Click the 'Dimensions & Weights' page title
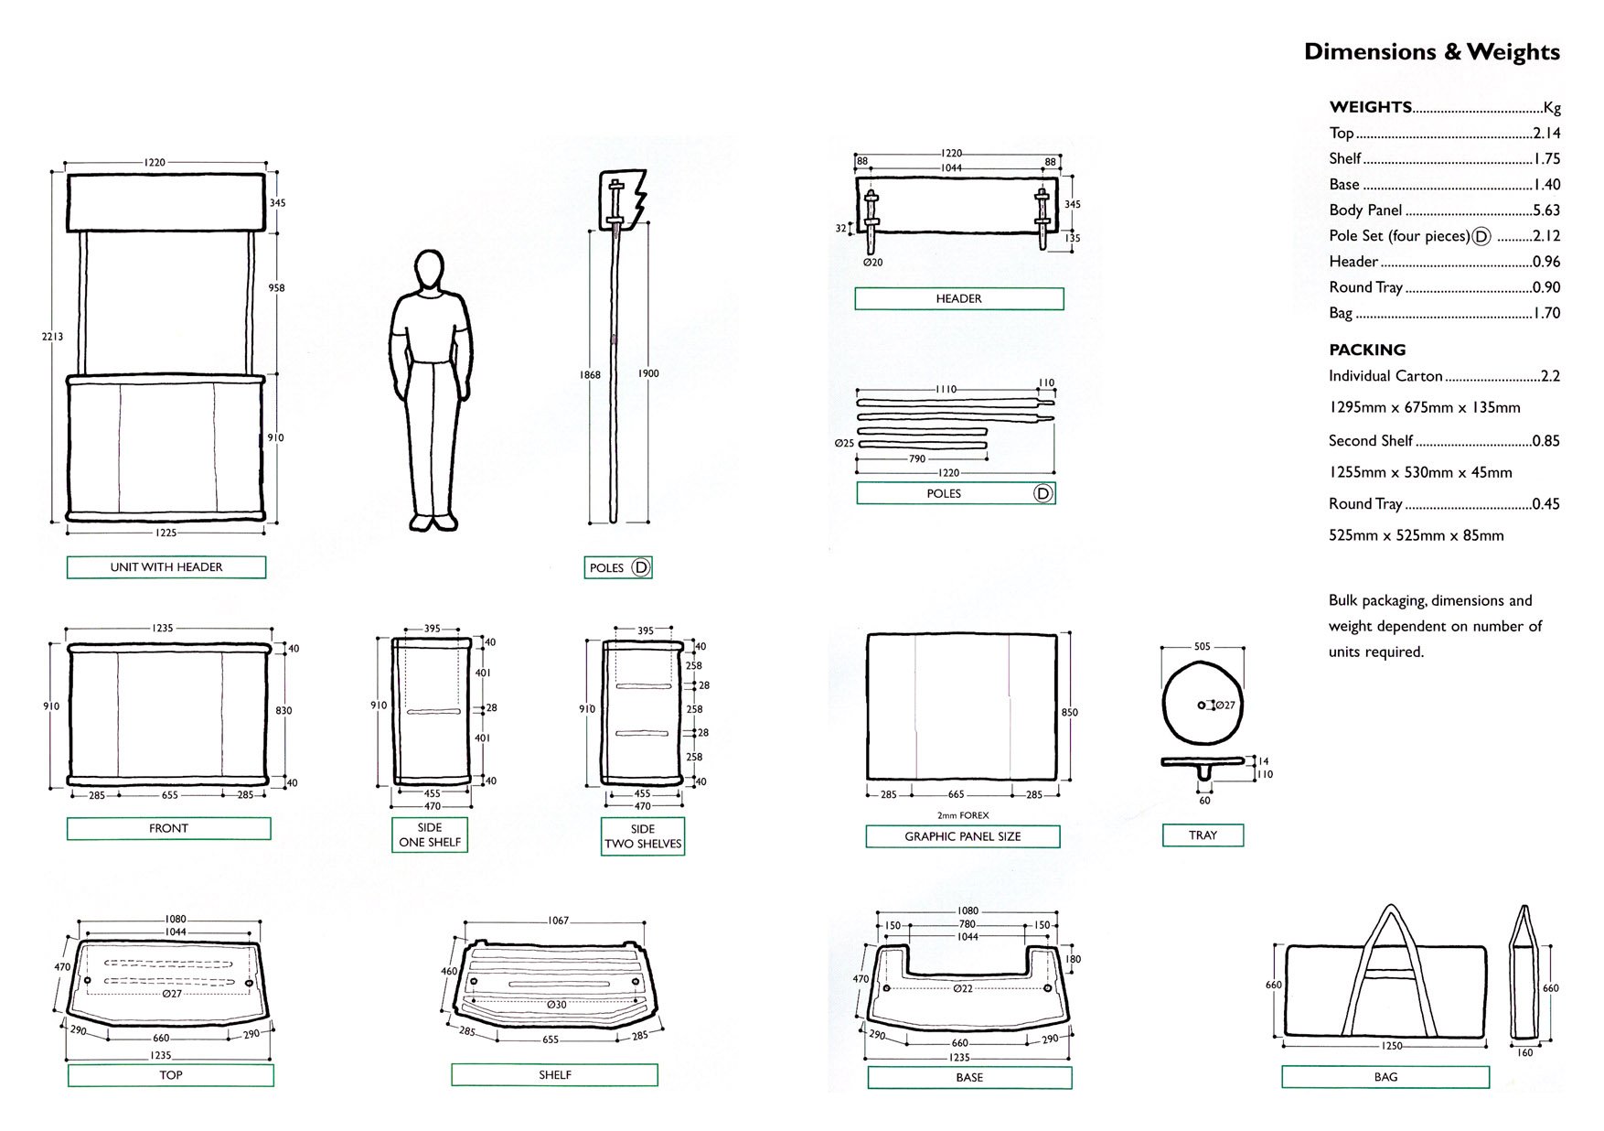pyautogui.click(x=1431, y=51)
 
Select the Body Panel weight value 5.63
pyautogui.click(x=1545, y=210)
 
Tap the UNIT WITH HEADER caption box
pyautogui.click(x=166, y=567)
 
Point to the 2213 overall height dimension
pyautogui.click(x=52, y=337)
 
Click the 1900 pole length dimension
pyautogui.click(x=648, y=373)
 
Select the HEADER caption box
pyautogui.click(x=958, y=299)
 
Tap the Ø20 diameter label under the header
pyautogui.click(x=872, y=263)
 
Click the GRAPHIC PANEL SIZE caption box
pyautogui.click(x=962, y=836)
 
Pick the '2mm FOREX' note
pyautogui.click(x=962, y=815)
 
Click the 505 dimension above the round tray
pyautogui.click(x=1202, y=647)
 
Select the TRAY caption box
pyautogui.click(x=1203, y=835)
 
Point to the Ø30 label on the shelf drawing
pyautogui.click(x=556, y=1005)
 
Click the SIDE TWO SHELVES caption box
pyautogui.click(x=643, y=836)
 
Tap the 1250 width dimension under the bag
pyautogui.click(x=1391, y=1046)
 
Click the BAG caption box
pyautogui.click(x=1385, y=1077)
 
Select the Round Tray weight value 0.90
pyautogui.click(x=1545, y=287)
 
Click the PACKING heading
pyautogui.click(x=1367, y=350)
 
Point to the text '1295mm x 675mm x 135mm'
pyautogui.click(x=1424, y=408)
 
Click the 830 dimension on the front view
pyautogui.click(x=283, y=711)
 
